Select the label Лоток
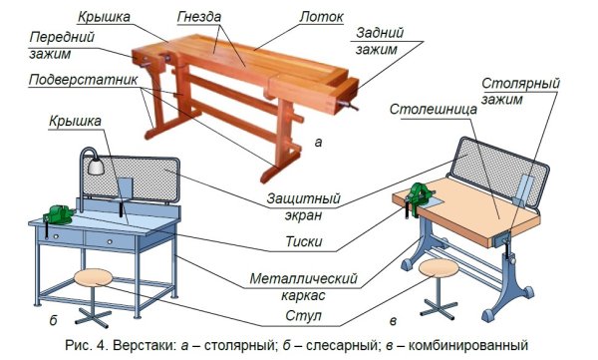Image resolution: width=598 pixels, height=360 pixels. click(x=322, y=18)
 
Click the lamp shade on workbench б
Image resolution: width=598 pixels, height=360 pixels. click(x=97, y=167)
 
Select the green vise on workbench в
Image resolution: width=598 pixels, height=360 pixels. click(x=416, y=194)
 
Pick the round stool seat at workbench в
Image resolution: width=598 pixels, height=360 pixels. click(x=439, y=267)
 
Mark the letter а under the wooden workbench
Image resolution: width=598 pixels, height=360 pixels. click(x=317, y=143)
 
